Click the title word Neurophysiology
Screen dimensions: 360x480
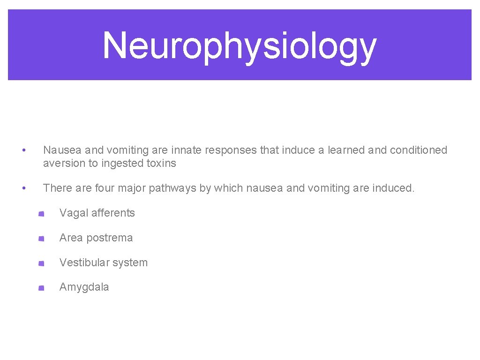click(240, 46)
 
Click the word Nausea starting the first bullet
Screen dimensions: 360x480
click(62, 150)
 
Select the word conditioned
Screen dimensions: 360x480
click(419, 150)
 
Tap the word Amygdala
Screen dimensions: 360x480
click(84, 287)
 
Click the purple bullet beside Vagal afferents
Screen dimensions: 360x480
click(41, 214)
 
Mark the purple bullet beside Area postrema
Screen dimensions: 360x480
click(41, 239)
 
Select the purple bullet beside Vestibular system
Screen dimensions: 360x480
click(41, 263)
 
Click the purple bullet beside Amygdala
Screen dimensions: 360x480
click(41, 288)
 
